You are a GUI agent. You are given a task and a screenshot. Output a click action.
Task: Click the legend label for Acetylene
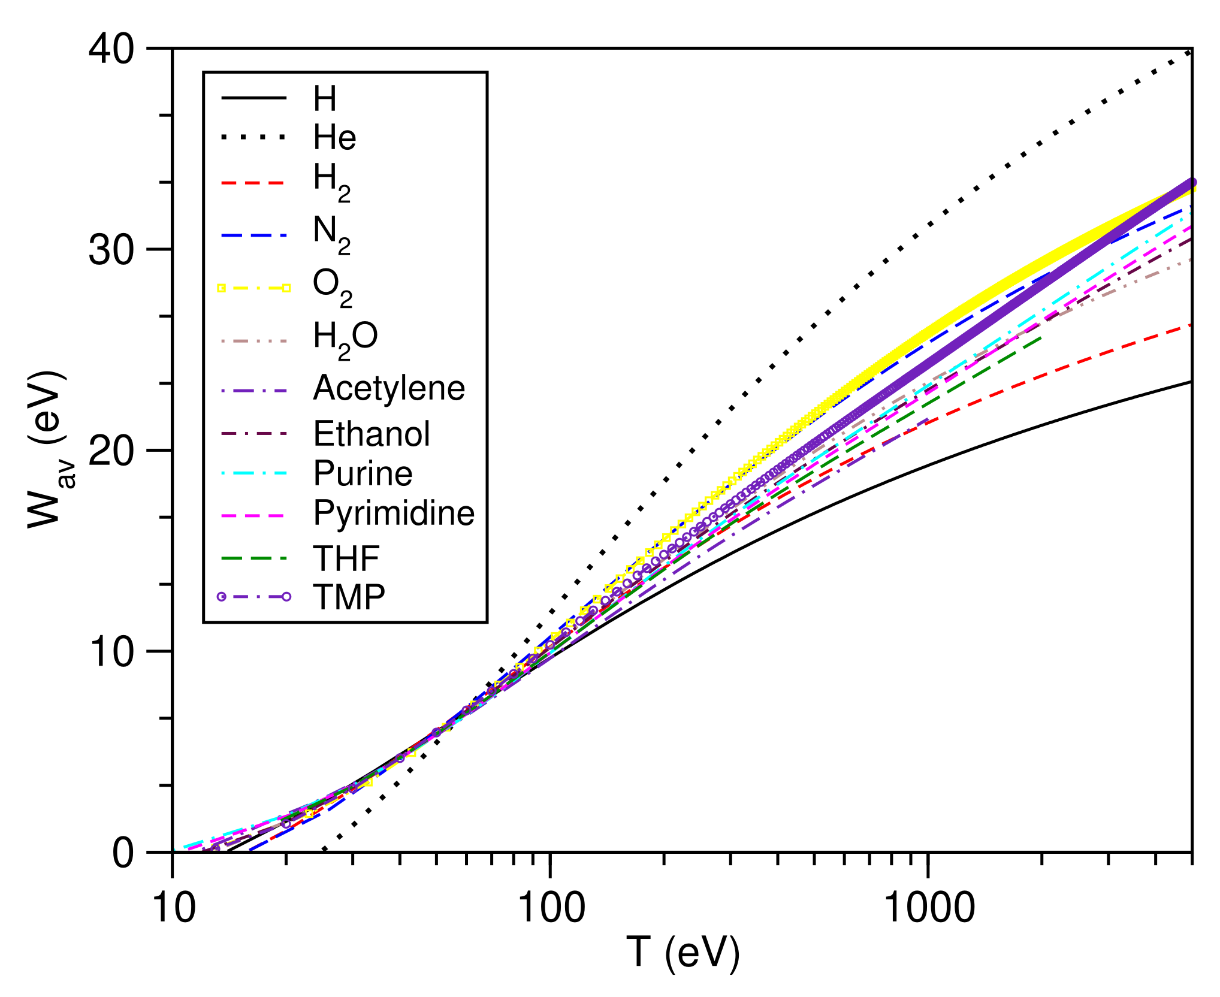coord(388,388)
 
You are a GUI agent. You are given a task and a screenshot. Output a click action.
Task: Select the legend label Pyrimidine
coord(394,513)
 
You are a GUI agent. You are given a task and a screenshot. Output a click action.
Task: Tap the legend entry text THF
coord(346,558)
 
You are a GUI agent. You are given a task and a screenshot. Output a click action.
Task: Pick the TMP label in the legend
coord(349,597)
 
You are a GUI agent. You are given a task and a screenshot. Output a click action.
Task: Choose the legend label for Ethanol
coord(372,433)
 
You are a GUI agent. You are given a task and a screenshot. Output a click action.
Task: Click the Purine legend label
coord(363,473)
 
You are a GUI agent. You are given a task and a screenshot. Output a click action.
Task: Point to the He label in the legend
coord(334,138)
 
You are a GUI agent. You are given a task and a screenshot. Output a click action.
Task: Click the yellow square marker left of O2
coord(221,288)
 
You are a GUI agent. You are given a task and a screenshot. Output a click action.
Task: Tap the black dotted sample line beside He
coord(254,138)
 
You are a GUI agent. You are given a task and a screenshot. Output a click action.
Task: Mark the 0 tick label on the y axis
coord(123,853)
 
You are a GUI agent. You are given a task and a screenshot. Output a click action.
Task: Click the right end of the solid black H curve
coord(1191,381)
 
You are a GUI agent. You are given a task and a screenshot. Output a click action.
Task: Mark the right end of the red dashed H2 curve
coord(1191,325)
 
